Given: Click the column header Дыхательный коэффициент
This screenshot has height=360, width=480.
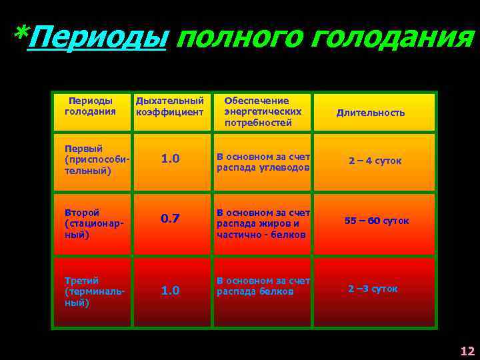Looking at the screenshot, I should tap(169, 106).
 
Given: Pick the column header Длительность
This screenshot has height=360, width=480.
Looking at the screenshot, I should tap(370, 113).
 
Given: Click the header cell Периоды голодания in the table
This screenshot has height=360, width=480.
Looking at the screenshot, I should tap(90, 105).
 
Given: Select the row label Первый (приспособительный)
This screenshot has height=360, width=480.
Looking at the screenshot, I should tap(93, 159).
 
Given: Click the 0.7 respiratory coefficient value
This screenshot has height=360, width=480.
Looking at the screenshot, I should tap(170, 219).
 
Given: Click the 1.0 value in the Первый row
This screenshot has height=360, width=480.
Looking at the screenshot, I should tap(170, 159).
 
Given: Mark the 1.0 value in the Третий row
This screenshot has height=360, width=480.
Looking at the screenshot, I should tap(170, 291).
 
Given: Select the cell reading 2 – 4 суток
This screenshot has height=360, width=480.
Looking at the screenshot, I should tap(375, 161).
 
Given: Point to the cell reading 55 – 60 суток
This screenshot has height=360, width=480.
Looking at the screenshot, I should tap(377, 221).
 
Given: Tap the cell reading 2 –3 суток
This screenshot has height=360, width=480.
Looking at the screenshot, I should tap(373, 289).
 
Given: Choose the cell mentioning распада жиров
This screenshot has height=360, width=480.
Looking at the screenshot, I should tap(263, 223).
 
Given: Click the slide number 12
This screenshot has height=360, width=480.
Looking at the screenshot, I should tap(467, 351).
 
